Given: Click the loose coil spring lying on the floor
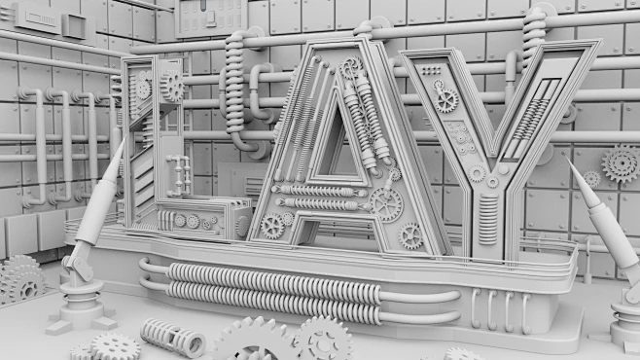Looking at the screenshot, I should [172, 337].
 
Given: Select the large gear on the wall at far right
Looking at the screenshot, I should [620, 162].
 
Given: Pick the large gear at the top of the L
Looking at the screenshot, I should [172, 87].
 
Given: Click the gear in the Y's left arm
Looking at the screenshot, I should [446, 100].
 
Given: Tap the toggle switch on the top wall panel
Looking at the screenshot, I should [210, 18].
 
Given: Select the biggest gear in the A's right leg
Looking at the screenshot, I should [386, 204].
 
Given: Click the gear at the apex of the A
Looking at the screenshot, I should [350, 68].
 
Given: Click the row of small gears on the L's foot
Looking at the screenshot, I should [195, 221].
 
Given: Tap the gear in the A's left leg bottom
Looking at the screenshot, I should [273, 226].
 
